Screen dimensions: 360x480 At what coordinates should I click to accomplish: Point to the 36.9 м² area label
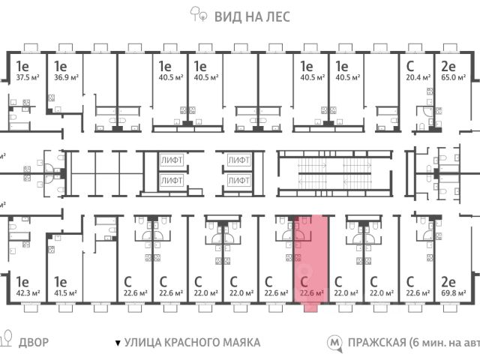coord(64,76)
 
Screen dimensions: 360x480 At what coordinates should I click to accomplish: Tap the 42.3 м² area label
coord(28,292)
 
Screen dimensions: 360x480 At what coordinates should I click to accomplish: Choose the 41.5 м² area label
coord(64,292)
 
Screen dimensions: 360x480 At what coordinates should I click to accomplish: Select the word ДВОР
coord(34,343)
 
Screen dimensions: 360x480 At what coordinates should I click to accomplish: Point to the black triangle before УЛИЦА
coord(118,343)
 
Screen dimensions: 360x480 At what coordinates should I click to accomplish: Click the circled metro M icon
coord(334,343)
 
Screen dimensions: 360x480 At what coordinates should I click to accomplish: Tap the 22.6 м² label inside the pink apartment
coord(312,292)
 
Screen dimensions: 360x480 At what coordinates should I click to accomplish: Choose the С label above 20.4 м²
coord(411,64)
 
